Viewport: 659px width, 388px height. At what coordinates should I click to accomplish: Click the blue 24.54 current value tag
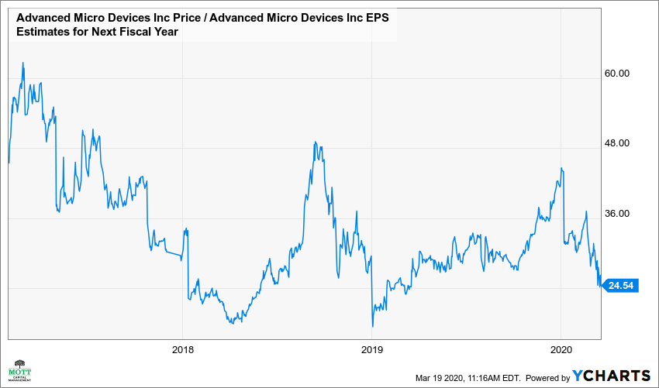[x=620, y=286]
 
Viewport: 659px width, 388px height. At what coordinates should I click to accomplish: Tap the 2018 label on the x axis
[x=182, y=349]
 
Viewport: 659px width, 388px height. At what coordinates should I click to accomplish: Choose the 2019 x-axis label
[x=372, y=349]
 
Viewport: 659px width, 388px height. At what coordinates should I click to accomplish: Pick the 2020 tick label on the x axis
[x=561, y=349]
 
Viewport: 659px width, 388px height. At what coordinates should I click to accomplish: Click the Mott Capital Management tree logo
[x=20, y=370]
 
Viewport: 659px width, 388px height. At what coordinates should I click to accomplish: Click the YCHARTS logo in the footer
[x=612, y=376]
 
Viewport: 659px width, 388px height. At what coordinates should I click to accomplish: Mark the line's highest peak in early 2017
[x=23, y=63]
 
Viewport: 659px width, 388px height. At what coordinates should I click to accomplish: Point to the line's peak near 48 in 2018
[x=316, y=142]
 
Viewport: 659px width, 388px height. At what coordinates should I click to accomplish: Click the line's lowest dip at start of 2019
[x=373, y=327]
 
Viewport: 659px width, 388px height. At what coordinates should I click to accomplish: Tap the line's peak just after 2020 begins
[x=561, y=168]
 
